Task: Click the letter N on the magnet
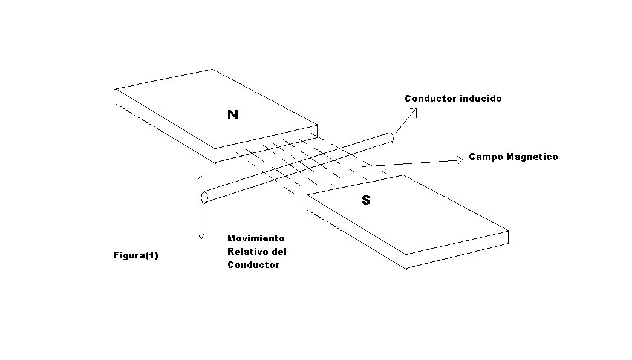click(233, 114)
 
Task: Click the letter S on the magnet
click(366, 200)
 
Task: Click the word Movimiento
click(256, 238)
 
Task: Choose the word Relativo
click(247, 252)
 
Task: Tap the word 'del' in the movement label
click(279, 252)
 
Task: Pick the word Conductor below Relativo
click(253, 265)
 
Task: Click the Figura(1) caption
click(136, 255)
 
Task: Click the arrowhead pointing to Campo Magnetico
click(460, 160)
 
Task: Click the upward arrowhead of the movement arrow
click(201, 178)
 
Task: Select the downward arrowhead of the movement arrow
click(201, 235)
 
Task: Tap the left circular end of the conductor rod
click(204, 197)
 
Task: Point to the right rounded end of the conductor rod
click(390, 137)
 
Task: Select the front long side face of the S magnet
click(356, 232)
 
